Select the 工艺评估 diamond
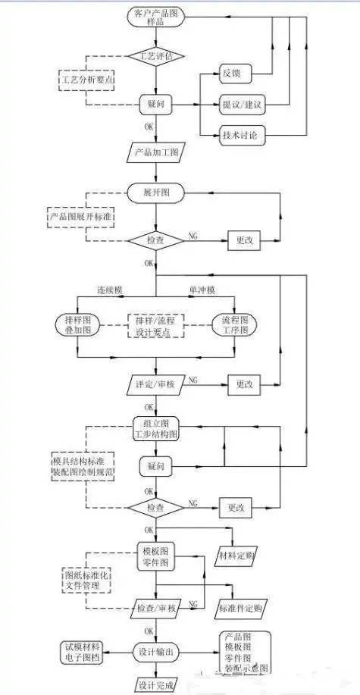pyautogui.click(x=155, y=57)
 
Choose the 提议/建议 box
pyautogui.click(x=243, y=105)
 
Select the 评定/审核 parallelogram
pyautogui.click(x=155, y=384)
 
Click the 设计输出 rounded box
pyautogui.click(x=155, y=652)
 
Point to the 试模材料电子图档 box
pyautogui.click(x=85, y=652)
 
